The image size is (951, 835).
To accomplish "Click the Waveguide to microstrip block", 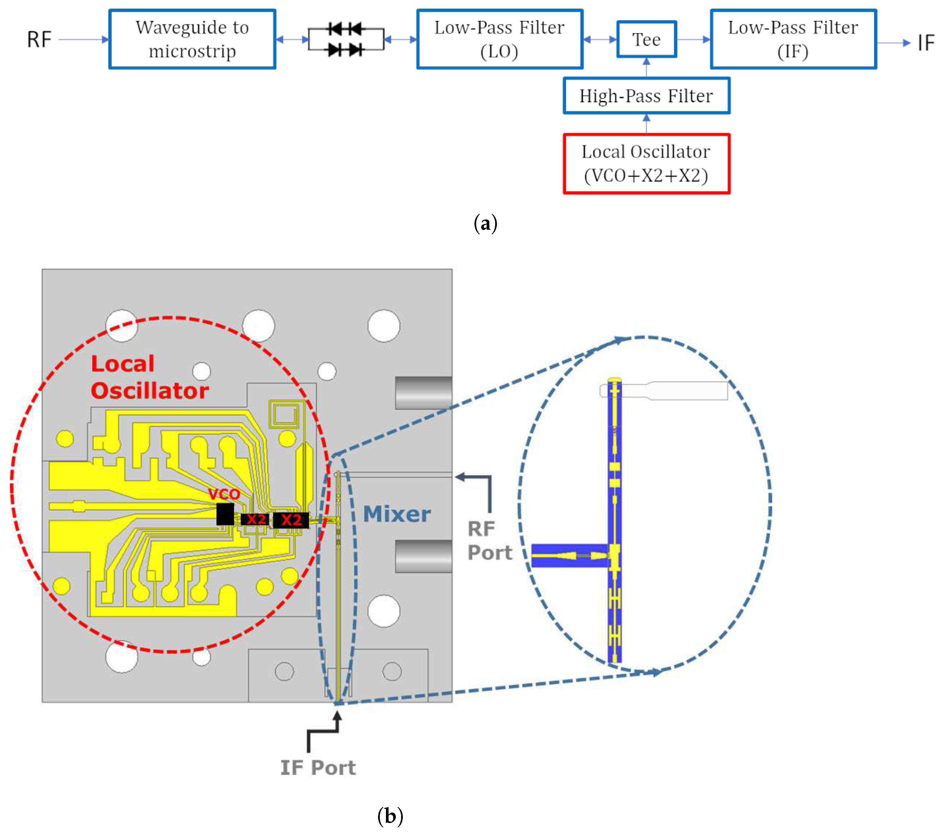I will [192, 40].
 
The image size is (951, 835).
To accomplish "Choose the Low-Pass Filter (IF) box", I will [793, 40].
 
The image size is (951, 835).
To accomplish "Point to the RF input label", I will [39, 40].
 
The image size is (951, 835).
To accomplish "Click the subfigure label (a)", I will [485, 224].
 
